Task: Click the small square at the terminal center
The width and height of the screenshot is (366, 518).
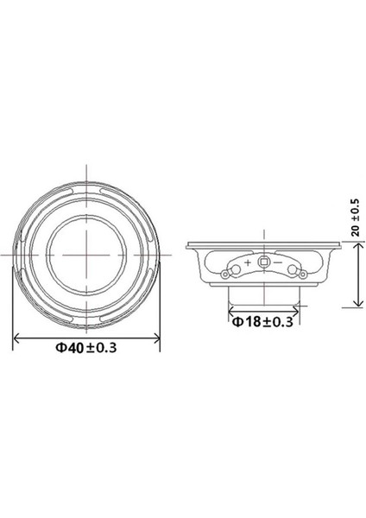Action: tap(263, 260)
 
